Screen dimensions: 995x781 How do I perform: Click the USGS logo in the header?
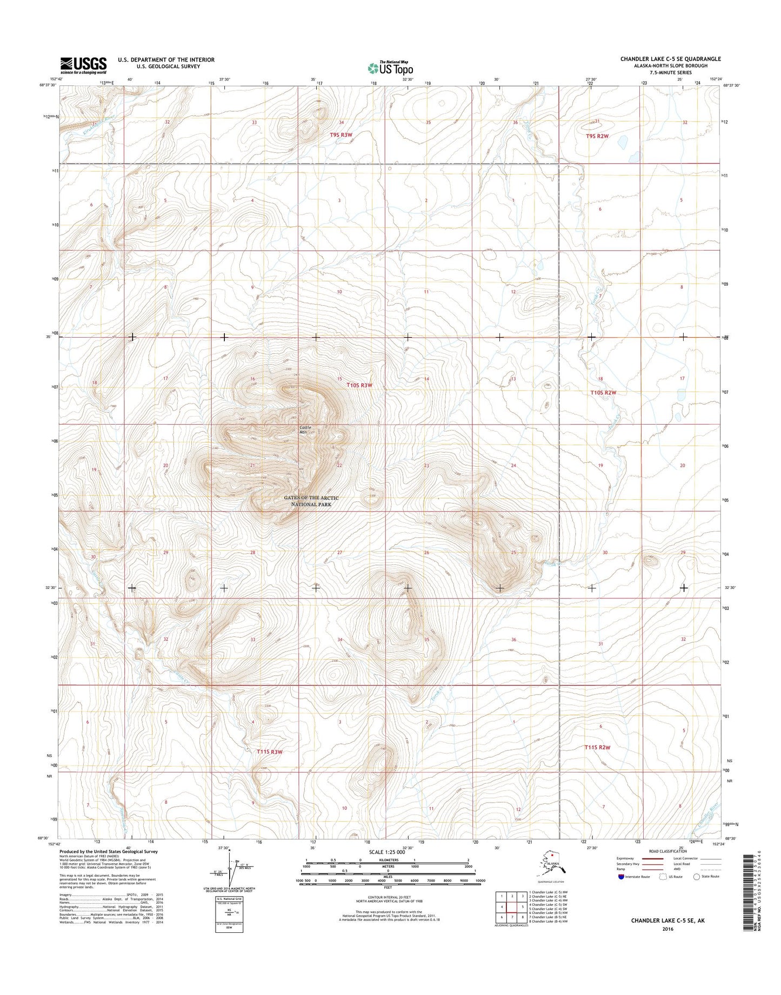pos(83,65)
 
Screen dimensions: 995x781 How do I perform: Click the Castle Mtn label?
pos(306,430)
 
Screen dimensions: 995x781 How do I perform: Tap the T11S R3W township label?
pos(270,751)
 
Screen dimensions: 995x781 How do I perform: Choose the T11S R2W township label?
pos(597,748)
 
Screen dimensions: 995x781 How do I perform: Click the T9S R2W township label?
pos(597,136)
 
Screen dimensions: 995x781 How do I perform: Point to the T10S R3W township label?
pos(359,385)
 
